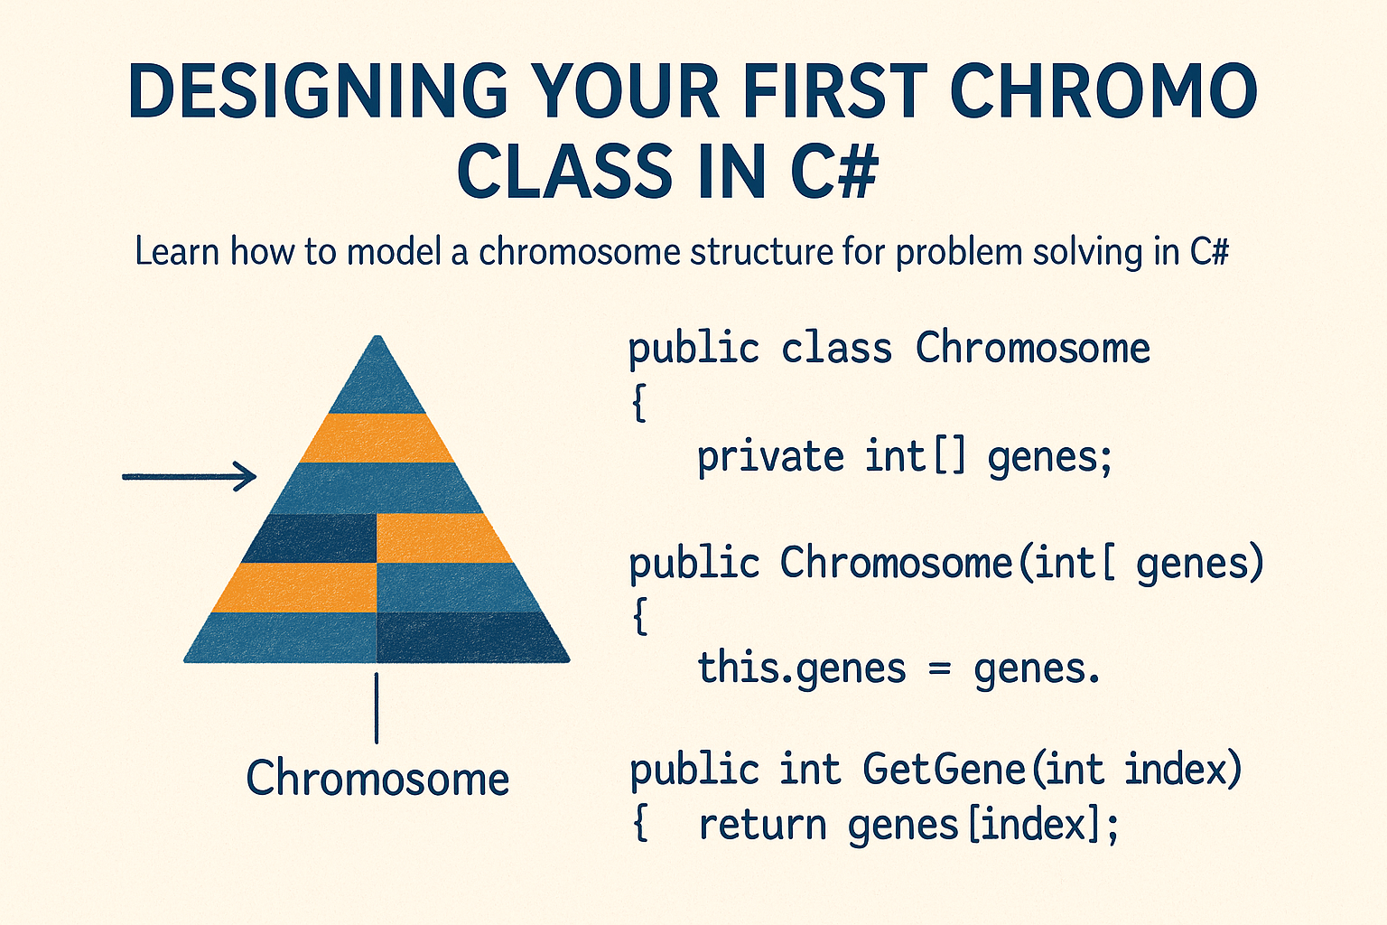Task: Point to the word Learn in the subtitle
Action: coord(177,251)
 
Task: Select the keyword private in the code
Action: coord(770,457)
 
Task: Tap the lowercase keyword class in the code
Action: coord(836,349)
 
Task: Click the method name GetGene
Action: coord(943,770)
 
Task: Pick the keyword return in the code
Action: coord(762,825)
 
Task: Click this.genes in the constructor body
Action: coord(801,669)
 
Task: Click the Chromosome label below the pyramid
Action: coord(377,779)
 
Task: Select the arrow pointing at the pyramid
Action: coord(190,476)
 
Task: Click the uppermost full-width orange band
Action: coord(377,438)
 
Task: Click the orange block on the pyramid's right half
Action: coord(439,538)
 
